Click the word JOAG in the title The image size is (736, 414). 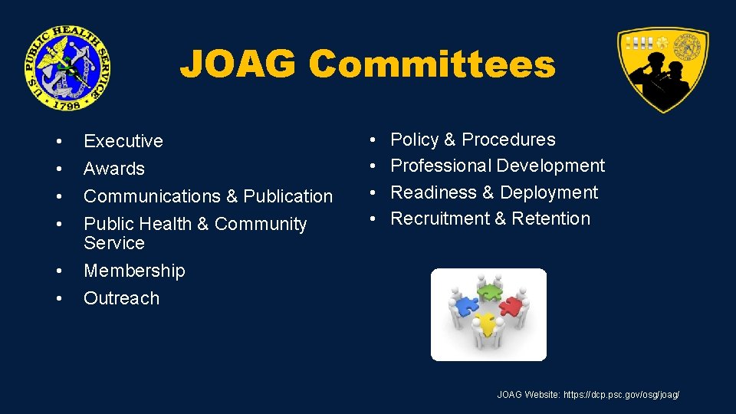[238, 64]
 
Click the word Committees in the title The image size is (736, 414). [432, 64]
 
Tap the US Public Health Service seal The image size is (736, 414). [66, 67]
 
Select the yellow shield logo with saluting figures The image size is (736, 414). [662, 69]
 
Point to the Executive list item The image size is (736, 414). [123, 141]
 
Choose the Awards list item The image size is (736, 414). [113, 169]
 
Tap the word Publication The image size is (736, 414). [288, 196]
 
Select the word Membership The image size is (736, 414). [134, 271]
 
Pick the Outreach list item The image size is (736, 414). [121, 298]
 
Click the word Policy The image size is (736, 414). [415, 140]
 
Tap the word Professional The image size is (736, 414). [441, 166]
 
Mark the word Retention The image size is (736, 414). [550, 219]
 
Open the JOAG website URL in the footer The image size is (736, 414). [621, 395]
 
